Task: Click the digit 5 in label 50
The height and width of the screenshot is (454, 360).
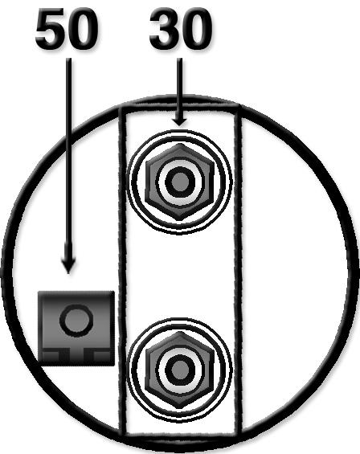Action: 51,29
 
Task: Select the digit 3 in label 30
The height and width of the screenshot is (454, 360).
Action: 165,29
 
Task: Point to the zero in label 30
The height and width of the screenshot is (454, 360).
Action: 196,29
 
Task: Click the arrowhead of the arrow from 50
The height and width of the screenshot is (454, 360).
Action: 68,264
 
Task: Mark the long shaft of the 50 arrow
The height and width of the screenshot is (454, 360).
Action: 68,157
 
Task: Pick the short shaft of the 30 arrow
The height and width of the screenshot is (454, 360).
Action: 179,86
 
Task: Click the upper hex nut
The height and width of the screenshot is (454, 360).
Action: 179,182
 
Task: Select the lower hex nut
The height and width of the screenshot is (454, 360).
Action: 179,370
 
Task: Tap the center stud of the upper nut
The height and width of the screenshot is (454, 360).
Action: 179,182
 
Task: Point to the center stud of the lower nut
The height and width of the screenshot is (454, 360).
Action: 179,370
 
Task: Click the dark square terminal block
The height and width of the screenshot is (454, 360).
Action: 76,329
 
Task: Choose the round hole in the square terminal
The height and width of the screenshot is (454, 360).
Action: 76,321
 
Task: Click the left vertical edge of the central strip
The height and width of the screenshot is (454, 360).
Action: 123,271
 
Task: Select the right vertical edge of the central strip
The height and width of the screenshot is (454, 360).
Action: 238,271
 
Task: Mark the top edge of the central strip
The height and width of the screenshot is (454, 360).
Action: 180,108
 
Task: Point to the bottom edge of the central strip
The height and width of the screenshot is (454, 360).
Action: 180,434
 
